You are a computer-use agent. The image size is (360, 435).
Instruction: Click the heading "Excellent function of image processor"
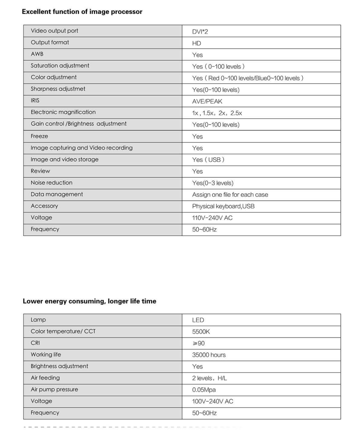(x=82, y=12)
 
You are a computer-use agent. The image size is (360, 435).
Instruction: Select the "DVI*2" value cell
(x=200, y=32)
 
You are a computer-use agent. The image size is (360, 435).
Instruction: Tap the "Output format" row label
(x=50, y=43)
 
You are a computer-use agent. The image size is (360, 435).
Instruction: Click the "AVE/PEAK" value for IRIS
(x=207, y=102)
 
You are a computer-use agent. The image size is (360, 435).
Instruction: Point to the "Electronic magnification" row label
(x=63, y=112)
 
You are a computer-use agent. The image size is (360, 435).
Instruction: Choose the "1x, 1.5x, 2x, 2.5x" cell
(x=217, y=113)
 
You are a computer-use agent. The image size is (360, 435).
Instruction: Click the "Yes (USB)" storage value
(x=208, y=160)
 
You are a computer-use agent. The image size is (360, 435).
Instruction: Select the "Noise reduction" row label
(x=52, y=183)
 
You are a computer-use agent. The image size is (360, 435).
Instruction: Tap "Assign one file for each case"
(x=230, y=194)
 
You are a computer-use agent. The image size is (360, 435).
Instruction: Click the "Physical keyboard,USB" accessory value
(x=223, y=206)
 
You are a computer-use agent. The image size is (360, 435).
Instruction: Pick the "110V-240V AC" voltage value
(x=212, y=218)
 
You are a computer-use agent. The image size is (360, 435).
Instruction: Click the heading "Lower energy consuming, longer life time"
(x=89, y=301)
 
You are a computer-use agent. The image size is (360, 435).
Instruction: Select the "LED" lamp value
(x=198, y=320)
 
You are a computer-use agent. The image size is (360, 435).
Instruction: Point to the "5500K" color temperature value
(x=201, y=332)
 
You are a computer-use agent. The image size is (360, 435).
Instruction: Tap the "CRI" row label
(x=36, y=343)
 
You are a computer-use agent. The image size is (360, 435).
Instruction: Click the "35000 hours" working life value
(x=209, y=355)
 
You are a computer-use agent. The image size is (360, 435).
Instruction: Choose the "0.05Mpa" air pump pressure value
(x=204, y=390)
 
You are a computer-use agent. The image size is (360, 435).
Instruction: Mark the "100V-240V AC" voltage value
(x=212, y=401)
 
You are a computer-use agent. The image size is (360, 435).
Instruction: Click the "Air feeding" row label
(x=45, y=378)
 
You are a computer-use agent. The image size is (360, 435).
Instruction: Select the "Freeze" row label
(x=39, y=136)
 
